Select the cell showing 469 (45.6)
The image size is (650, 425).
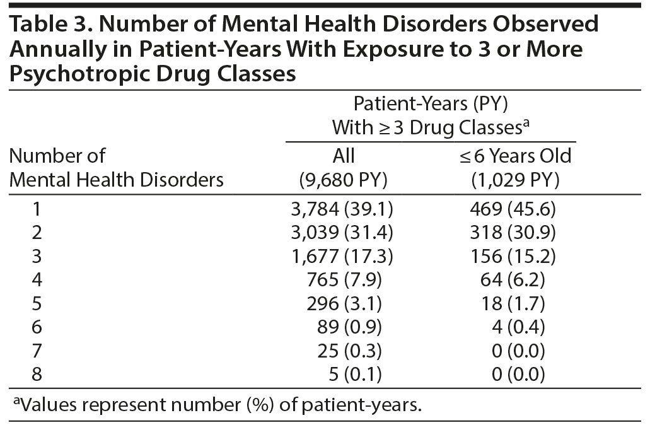click(515, 209)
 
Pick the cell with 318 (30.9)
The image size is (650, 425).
click(515, 232)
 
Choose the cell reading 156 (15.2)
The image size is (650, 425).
click(515, 256)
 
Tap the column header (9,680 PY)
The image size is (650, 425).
click(344, 180)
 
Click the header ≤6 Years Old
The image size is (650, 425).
click(515, 156)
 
